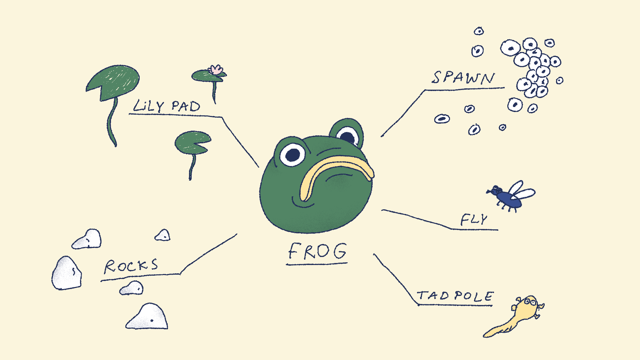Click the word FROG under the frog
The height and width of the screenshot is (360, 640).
pos(317,251)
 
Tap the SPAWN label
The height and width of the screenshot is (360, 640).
pos(463,78)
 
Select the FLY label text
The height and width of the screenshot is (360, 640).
pos(474,220)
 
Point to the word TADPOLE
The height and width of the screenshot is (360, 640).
pos(455,296)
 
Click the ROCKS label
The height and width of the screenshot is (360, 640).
pos(131,266)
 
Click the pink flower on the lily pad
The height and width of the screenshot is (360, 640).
pos(216,69)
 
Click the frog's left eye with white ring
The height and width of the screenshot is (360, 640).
pos(293,154)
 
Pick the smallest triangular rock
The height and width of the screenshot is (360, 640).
pos(163,236)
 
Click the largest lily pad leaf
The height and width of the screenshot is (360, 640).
pos(113,82)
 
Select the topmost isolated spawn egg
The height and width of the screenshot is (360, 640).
pos(479,31)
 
